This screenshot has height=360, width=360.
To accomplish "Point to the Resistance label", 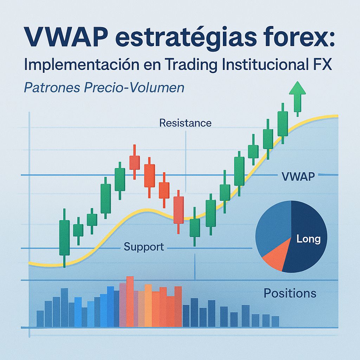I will [x=185, y=123].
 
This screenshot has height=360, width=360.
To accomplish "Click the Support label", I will [x=144, y=247].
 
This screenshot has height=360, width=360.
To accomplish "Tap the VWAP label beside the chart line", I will [x=298, y=177].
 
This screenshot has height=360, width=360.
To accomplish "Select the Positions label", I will [x=290, y=293].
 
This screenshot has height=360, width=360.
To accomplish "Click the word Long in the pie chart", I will [x=308, y=239].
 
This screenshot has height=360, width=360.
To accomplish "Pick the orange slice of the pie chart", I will [x=275, y=258].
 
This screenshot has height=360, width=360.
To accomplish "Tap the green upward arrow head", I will [x=297, y=89].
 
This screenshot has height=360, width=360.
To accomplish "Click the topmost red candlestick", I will [x=134, y=162].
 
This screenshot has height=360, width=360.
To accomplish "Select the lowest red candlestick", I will [x=179, y=210].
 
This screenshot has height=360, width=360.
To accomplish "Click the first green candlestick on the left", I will [x=64, y=237].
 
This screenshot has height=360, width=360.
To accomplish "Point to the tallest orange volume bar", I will [x=130, y=302].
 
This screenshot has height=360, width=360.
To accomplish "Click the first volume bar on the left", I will [x=40, y=319].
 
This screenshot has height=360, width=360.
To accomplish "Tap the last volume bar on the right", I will [x=275, y=321].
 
